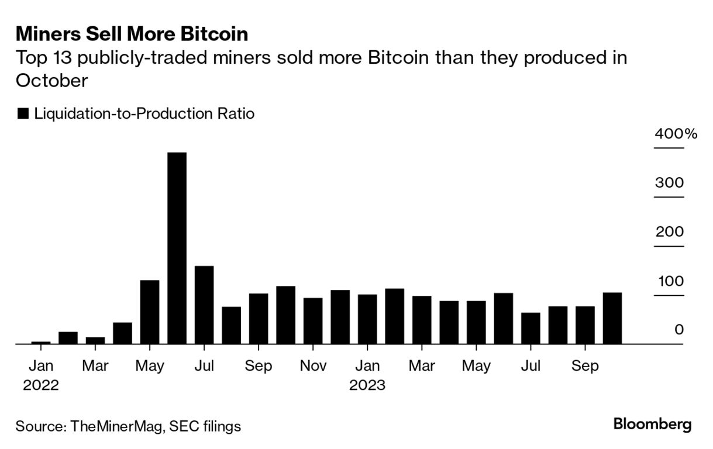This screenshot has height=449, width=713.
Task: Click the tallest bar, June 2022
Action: point(177,248)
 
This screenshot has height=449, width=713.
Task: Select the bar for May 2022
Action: point(150,312)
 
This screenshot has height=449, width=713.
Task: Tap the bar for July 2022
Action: point(204,305)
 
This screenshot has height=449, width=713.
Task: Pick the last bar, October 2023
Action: point(612,319)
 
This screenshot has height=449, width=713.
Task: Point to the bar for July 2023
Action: point(531,329)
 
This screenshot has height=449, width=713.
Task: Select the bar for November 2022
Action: point(313,321)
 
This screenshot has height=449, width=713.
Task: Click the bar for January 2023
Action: point(367,319)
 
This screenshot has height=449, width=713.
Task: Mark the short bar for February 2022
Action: point(68,338)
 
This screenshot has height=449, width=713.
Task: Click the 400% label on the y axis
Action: point(676,134)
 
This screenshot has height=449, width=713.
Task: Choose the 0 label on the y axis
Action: point(678,330)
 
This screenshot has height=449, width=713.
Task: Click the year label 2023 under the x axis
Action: point(367,386)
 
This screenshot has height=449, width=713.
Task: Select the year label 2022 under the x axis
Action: point(40,386)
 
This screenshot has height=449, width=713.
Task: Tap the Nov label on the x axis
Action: point(313,366)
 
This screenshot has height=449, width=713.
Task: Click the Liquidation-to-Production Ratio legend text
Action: point(144,113)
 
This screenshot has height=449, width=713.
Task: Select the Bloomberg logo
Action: point(652,424)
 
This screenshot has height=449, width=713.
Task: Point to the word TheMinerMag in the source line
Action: point(116,426)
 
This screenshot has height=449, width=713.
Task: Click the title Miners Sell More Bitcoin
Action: point(132,34)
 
